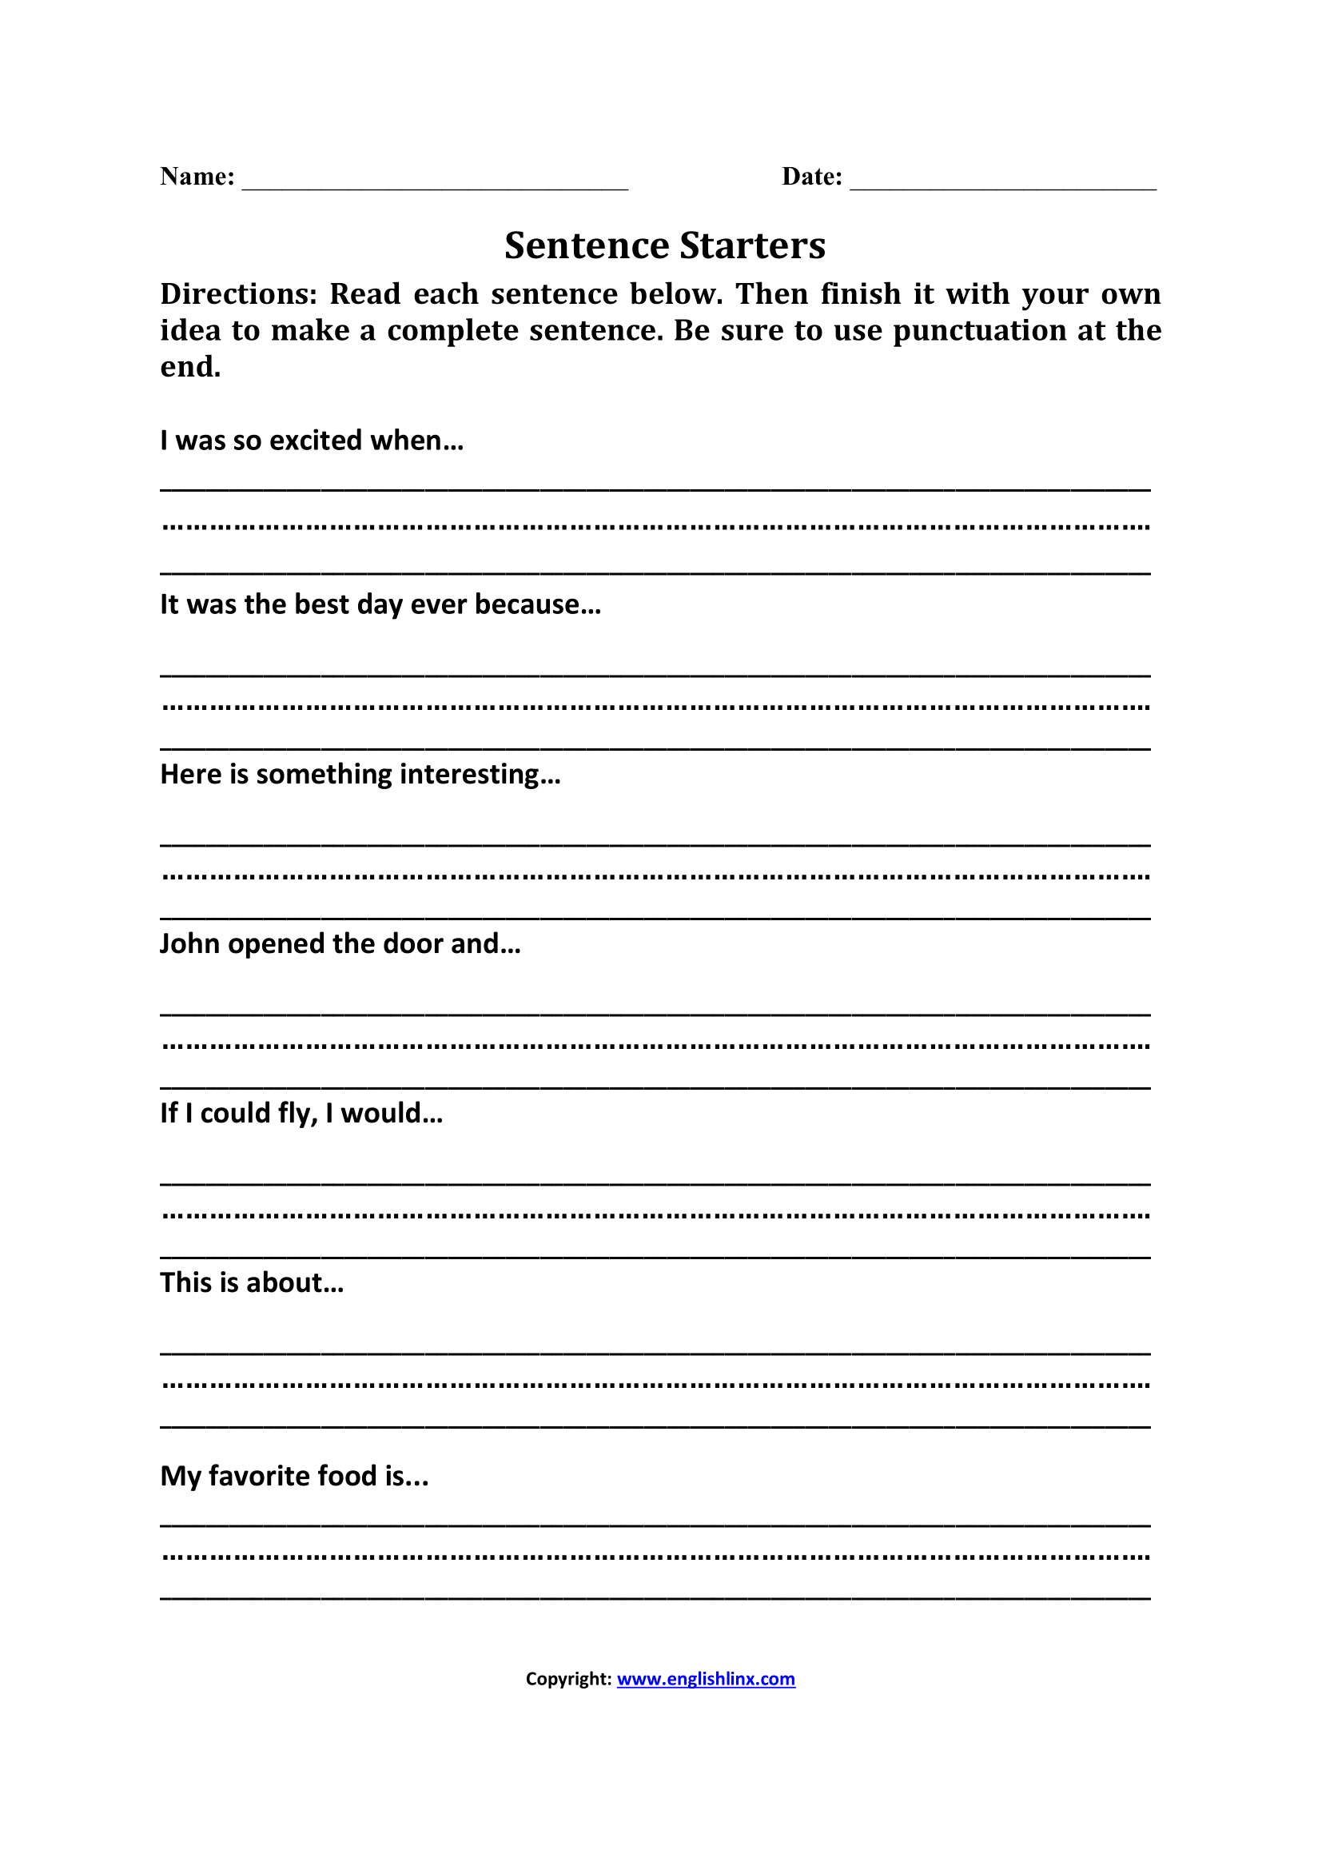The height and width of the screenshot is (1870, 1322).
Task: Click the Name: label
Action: point(197,177)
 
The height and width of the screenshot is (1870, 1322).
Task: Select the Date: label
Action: point(811,177)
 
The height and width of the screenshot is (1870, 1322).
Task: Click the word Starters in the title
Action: point(752,246)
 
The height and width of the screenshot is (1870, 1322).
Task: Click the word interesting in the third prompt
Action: point(480,774)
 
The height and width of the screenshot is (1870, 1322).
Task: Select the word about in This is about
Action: point(295,1282)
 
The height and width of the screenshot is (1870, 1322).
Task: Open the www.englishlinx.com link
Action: point(705,1679)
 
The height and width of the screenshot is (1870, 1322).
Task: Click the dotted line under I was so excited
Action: point(655,527)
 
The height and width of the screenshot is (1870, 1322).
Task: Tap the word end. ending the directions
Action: point(190,367)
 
